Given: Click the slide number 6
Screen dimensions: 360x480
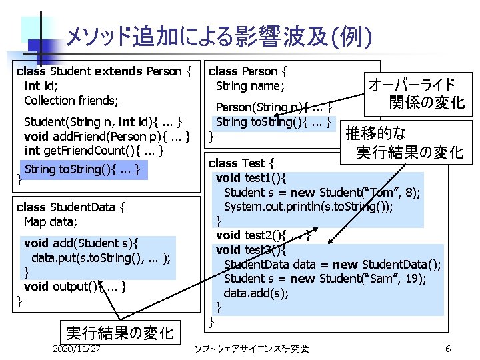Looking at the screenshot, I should point(448,349).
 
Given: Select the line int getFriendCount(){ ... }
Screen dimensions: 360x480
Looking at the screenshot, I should point(94,150).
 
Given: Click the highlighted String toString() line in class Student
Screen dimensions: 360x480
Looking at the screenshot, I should point(82,169).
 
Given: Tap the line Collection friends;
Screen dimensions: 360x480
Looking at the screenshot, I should point(71,100).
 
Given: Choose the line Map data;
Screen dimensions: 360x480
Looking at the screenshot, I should point(52,221).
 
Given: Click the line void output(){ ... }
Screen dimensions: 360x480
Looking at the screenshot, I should point(75,287).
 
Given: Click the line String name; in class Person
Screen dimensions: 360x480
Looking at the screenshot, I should point(250,85).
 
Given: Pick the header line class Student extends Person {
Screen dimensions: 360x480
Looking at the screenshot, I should point(103,71).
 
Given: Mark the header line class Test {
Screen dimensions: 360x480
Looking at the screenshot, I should point(241,163).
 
